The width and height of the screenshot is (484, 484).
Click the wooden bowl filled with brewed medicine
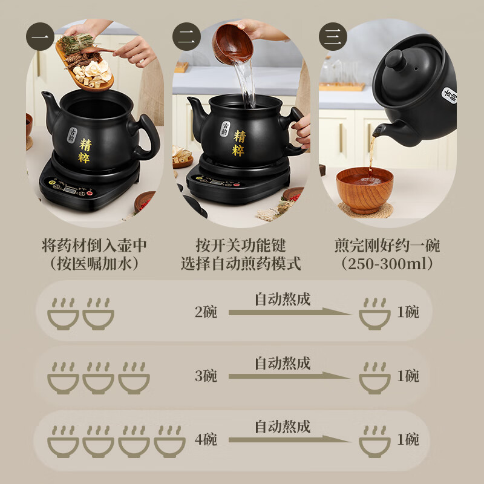pyautogui.click(x=364, y=188)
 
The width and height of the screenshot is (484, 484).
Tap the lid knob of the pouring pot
pyautogui.click(x=394, y=59)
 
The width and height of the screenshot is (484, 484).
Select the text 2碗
pyautogui.click(x=206, y=312)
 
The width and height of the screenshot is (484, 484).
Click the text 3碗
pyautogui.click(x=206, y=376)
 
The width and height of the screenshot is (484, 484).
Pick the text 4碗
pyautogui.click(x=206, y=439)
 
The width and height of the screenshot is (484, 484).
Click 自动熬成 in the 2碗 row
pyautogui.click(x=282, y=299)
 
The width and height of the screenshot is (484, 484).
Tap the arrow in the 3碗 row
pyautogui.click(x=289, y=376)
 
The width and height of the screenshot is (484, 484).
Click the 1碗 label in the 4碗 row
pyautogui.click(x=408, y=439)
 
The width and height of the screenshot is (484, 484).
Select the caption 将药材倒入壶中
pyautogui.click(x=94, y=246)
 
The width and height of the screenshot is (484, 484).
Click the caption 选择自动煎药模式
pyautogui.click(x=240, y=264)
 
